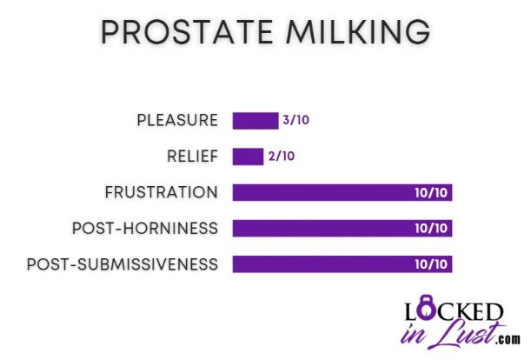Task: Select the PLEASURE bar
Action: tap(254, 121)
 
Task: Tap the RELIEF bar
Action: tap(248, 157)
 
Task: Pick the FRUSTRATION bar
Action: tap(342, 192)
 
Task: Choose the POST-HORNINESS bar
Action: tap(342, 228)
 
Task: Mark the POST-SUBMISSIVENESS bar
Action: tap(342, 263)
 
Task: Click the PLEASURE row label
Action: tap(177, 121)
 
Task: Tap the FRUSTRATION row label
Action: tap(161, 192)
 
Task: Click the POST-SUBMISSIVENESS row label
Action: tap(123, 263)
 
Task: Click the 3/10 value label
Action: tap(295, 121)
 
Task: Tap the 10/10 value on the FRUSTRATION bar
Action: tap(432, 192)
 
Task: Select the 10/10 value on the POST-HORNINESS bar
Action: tap(432, 228)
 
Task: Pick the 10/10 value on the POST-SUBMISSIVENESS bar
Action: tap(432, 263)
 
